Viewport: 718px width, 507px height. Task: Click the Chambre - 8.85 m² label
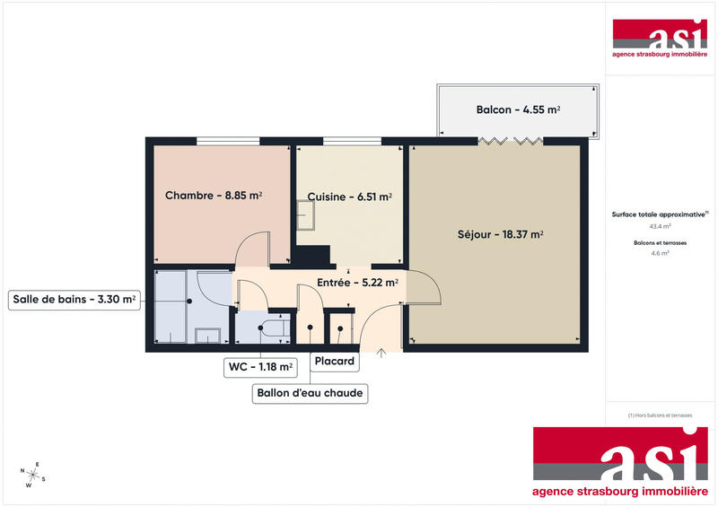pyautogui.click(x=214, y=196)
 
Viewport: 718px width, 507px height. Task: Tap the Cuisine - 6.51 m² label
pyautogui.click(x=349, y=197)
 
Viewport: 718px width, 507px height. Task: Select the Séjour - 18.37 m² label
pyautogui.click(x=501, y=235)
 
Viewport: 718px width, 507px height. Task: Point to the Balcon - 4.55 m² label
pyautogui.click(x=518, y=109)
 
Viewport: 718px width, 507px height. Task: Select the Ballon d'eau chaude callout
pyautogui.click(x=311, y=393)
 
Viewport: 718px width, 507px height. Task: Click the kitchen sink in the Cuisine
pyautogui.click(x=307, y=214)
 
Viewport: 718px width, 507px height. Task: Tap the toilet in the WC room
pyautogui.click(x=269, y=328)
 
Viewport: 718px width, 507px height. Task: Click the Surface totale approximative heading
pyautogui.click(x=659, y=214)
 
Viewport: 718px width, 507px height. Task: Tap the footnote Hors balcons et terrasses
pyautogui.click(x=660, y=415)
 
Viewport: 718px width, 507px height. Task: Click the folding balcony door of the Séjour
pyautogui.click(x=511, y=140)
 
